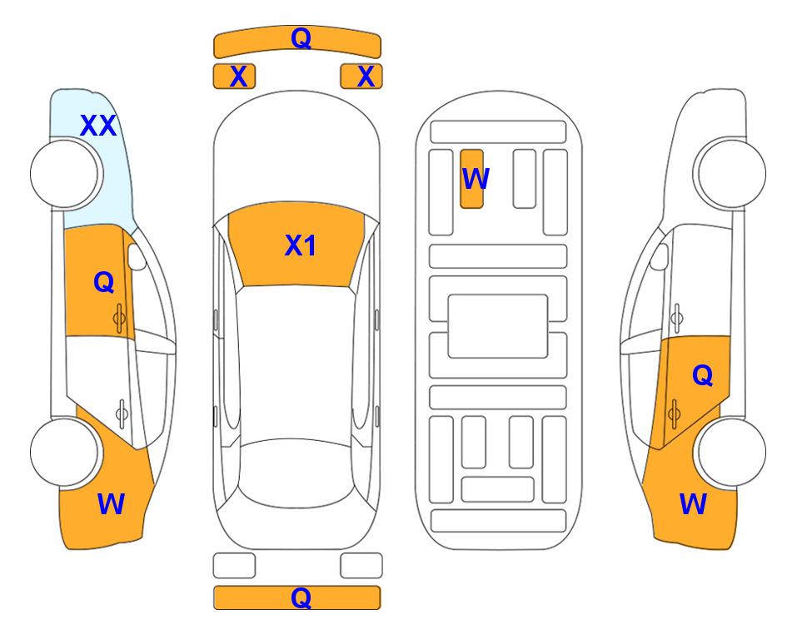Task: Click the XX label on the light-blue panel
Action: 98,126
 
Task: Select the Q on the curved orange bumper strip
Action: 301,37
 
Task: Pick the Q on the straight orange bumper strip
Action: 301,597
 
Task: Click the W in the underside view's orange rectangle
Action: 476,178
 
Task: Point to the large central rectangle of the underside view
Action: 498,326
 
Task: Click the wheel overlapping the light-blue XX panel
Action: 64,174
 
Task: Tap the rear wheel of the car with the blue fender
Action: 64,453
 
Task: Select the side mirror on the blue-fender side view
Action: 137,256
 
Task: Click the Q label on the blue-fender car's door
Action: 103,282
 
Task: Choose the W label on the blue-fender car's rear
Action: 111,504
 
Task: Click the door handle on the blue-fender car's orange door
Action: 119,319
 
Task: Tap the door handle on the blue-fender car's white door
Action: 122,413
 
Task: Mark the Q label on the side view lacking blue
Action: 702,375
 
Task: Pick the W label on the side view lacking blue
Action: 693,504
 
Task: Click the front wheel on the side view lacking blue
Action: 732,174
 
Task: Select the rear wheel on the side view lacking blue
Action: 732,453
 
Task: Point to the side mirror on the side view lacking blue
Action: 660,256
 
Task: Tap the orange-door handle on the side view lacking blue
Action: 674,414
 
